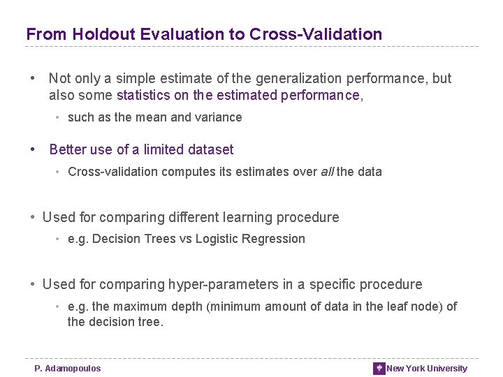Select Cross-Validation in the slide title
coord(315,34)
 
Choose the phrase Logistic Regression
coord(250,239)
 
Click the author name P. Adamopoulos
coord(68,369)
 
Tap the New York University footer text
coord(427,369)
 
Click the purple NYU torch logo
coord(379,369)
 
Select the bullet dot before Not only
coord(32,78)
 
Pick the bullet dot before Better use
coord(32,149)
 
